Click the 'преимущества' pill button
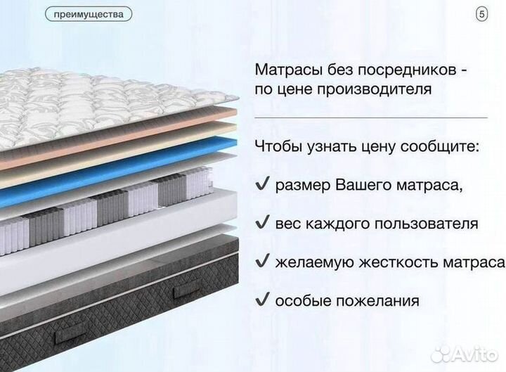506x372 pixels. [88, 14]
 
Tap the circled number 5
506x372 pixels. [481, 14]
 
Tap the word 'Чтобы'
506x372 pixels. [279, 147]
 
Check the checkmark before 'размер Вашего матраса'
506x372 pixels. [262, 185]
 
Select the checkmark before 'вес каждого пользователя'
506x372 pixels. [262, 224]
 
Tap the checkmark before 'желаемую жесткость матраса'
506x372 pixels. [262, 262]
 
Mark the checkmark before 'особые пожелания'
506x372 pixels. [262, 300]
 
